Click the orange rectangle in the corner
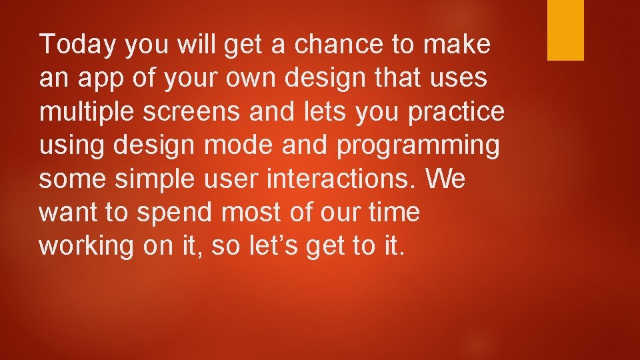point(565,30)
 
